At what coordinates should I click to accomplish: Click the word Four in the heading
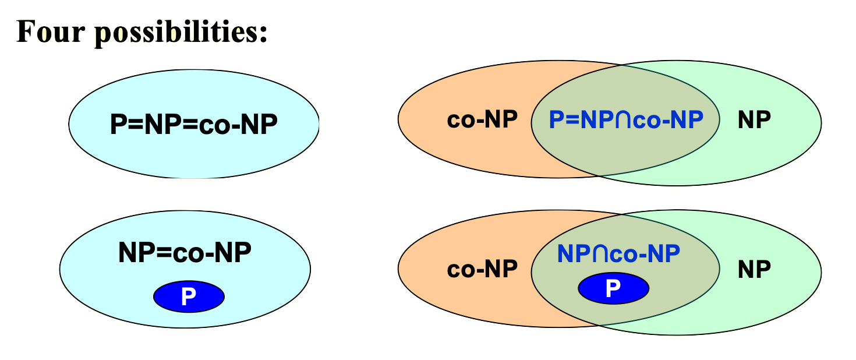coord(51,31)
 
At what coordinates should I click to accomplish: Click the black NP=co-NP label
coord(185,253)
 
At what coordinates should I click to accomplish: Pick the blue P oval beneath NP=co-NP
coord(189,297)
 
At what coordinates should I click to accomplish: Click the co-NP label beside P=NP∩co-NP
coord(482,120)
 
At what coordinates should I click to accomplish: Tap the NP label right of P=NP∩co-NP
coord(754,120)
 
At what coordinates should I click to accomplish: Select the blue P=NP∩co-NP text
coord(626,119)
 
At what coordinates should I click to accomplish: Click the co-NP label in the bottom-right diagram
coord(482,269)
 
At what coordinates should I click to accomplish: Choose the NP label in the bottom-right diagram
coord(754,269)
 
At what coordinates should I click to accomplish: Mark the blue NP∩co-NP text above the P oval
coord(618,254)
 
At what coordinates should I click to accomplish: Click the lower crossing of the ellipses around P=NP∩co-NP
coord(599,175)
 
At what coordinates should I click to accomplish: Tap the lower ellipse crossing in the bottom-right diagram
coord(599,324)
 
